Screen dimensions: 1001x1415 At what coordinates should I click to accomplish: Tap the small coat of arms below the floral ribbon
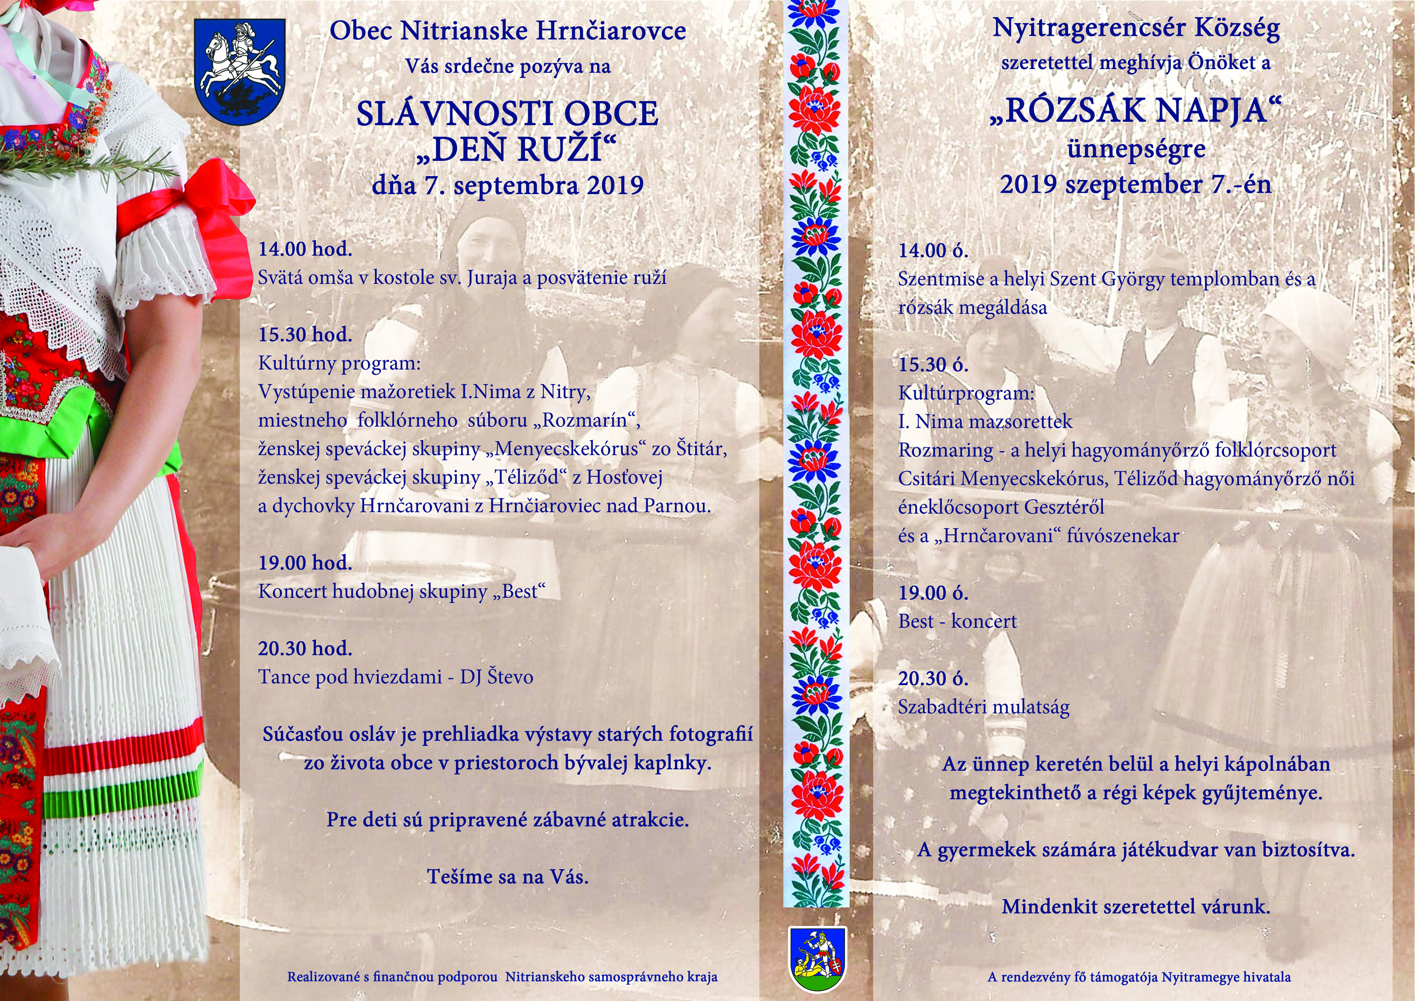pyautogui.click(x=817, y=957)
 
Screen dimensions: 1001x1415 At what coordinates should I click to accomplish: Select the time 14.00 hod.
pyautogui.click(x=305, y=249)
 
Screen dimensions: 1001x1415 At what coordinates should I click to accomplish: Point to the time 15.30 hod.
pyautogui.click(x=305, y=334)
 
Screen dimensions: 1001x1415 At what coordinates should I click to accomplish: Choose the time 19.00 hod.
pyautogui.click(x=305, y=563)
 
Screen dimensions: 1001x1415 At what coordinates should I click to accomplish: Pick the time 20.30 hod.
pyautogui.click(x=305, y=648)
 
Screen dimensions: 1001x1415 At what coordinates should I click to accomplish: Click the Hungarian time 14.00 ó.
pyautogui.click(x=933, y=250)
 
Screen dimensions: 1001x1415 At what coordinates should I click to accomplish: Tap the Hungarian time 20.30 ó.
pyautogui.click(x=933, y=679)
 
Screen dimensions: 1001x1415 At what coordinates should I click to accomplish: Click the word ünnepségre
pyautogui.click(x=1136, y=149)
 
